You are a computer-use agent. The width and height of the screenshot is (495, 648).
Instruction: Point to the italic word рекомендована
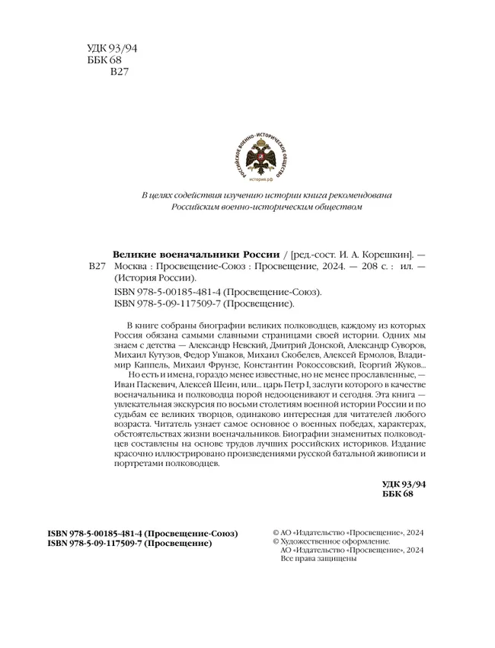pyautogui.click(x=359, y=194)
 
